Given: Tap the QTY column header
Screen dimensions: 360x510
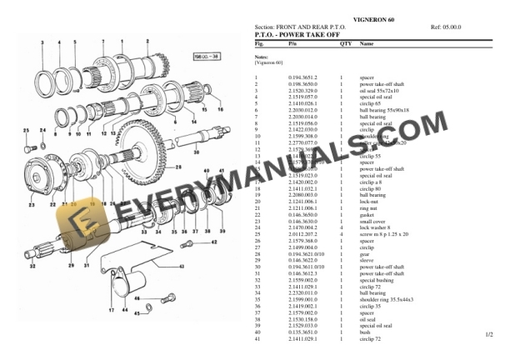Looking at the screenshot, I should pyautogui.click(x=345, y=42).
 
